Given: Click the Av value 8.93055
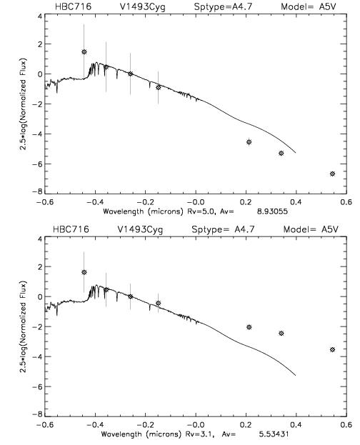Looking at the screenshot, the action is (272, 211).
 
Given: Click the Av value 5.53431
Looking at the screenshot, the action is (274, 434).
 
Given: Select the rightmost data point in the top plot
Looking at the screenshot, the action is (332, 174).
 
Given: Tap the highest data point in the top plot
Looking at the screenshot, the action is (84, 52).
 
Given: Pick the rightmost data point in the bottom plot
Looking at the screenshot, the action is (332, 350).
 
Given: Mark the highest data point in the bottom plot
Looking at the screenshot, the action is (84, 272).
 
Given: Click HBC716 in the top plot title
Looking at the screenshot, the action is (73, 6).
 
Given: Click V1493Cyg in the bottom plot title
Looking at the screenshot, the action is (140, 229).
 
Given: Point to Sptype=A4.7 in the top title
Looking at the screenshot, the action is (223, 7).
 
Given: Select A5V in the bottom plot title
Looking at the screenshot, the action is (330, 229).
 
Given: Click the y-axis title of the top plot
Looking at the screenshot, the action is (23, 104).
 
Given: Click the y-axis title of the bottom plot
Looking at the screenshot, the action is (23, 326).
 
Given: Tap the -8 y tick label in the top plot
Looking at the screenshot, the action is (37, 192).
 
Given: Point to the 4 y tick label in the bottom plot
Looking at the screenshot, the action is (40, 239).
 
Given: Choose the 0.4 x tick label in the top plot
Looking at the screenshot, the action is (296, 202).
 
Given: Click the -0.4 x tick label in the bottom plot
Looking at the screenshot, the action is (95, 424).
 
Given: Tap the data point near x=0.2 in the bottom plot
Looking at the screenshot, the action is (249, 327).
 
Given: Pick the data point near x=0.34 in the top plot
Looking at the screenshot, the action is (281, 154).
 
